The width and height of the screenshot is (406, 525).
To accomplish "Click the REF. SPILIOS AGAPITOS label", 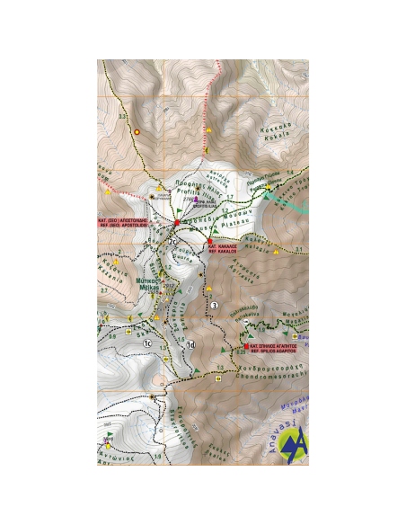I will pos(276,347).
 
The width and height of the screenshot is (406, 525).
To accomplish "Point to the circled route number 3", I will pos(214,306).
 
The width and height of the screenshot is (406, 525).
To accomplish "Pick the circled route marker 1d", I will pos(190,344).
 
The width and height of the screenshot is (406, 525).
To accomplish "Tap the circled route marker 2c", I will pos(172,240).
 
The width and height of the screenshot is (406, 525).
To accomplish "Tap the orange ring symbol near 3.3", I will pos(136,132).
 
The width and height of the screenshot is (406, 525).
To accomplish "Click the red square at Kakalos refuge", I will pos(209,242).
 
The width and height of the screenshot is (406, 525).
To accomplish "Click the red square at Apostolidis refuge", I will pos(178,220).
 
